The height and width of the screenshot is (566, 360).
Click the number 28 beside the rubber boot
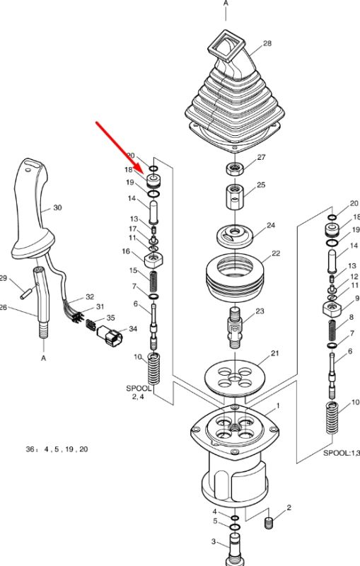pyautogui.click(x=267, y=43)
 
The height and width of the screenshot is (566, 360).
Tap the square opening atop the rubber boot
pyautogui.click(x=227, y=45)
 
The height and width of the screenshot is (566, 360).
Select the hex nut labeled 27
pyautogui.click(x=235, y=168)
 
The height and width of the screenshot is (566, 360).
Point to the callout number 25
pyautogui.click(x=261, y=185)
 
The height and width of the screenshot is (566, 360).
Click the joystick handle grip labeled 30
pyautogui.click(x=32, y=209)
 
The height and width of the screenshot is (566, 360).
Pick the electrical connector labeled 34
pyautogui.click(x=110, y=335)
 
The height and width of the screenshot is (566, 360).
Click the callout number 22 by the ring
pyautogui.click(x=276, y=253)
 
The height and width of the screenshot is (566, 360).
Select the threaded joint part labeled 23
pyautogui.click(x=235, y=328)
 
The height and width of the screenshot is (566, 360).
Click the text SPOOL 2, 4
pyautogui.click(x=139, y=393)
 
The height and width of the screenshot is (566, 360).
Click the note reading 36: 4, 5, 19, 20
pyautogui.click(x=57, y=449)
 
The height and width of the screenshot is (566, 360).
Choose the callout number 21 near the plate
pyautogui.click(x=274, y=353)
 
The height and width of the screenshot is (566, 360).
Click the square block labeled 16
pyautogui.click(x=154, y=260)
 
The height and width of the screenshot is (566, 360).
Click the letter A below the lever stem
pyautogui.click(x=44, y=359)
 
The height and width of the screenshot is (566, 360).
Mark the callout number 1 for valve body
pyautogui.click(x=278, y=406)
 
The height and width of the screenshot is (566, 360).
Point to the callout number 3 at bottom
pyautogui.click(x=214, y=541)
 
